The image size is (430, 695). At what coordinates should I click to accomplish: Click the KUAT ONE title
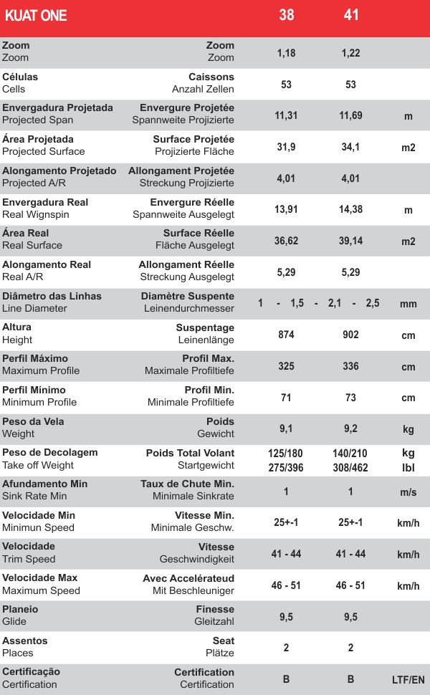(x=36, y=15)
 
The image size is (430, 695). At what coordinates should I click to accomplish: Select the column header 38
(x=287, y=15)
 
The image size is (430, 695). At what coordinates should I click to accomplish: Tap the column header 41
(x=351, y=15)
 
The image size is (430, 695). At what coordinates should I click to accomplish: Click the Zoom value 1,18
(x=287, y=53)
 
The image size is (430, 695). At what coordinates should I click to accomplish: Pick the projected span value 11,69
(x=351, y=115)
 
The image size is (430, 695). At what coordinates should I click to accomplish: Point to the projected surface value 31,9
(x=287, y=147)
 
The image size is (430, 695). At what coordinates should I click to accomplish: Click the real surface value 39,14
(x=351, y=241)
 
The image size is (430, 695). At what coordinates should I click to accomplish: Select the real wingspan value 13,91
(x=287, y=209)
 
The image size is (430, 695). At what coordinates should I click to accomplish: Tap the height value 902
(x=351, y=335)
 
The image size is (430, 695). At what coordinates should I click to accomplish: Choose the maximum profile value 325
(x=287, y=366)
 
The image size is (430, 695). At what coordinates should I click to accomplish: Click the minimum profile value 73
(x=351, y=398)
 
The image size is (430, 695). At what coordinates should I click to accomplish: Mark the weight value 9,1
(x=287, y=429)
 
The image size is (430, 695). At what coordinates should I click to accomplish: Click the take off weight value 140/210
(x=351, y=454)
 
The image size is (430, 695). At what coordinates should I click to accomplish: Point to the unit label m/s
(x=408, y=492)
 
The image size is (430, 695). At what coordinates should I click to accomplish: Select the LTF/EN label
(x=408, y=679)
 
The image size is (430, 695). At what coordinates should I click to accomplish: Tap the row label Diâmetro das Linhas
(x=52, y=296)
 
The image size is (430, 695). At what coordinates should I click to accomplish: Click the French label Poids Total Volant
(x=190, y=453)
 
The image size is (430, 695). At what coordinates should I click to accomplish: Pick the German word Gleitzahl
(x=214, y=621)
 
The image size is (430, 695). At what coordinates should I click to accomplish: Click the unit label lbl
(x=408, y=467)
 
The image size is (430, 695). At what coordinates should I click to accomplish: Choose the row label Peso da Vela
(x=33, y=421)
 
